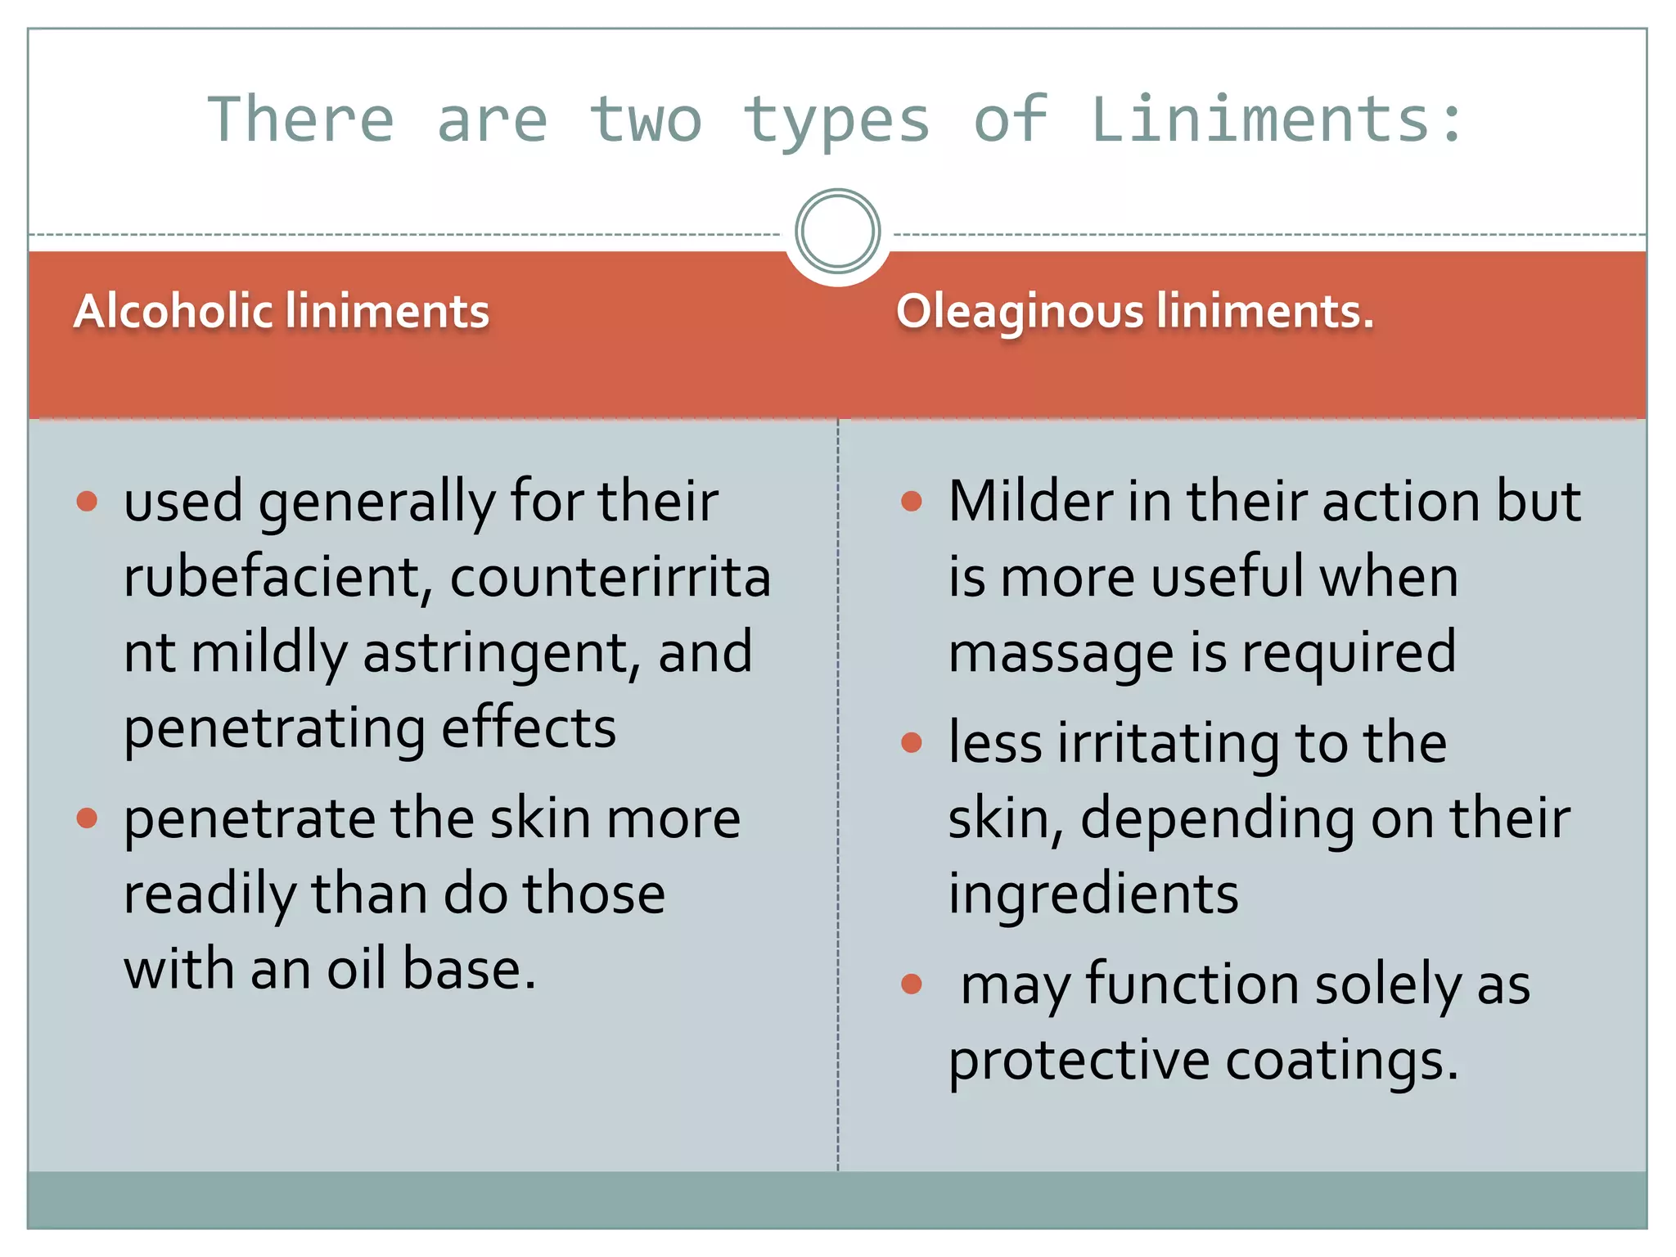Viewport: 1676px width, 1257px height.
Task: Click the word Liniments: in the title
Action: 1277,119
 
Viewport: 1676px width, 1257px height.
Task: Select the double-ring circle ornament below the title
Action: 837,231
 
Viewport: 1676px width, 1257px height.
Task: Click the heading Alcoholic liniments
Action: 282,312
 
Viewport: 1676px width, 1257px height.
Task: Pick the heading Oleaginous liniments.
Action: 1134,312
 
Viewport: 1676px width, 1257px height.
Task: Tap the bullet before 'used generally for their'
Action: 87,501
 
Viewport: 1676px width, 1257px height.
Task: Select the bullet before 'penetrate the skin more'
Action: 87,818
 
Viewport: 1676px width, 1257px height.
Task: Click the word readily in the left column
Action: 210,894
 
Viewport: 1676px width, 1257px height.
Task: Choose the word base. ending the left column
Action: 469,969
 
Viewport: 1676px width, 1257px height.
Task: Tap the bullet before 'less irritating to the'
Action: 912,742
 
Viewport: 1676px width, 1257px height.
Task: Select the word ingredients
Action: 1093,894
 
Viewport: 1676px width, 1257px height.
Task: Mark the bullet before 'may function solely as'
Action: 912,984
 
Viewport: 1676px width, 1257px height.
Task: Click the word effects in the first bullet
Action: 529,728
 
